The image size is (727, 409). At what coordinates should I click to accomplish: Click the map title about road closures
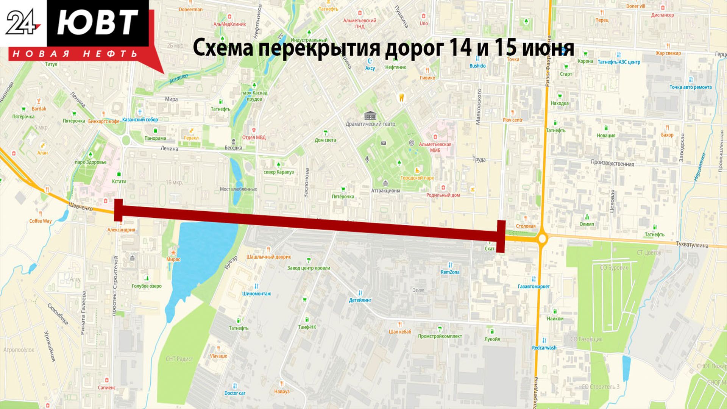coord(383,48)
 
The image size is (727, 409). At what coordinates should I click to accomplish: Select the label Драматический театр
coord(370,124)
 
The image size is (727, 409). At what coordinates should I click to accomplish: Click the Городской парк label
coord(417,178)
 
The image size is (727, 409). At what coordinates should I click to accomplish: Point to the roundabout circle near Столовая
coord(543,239)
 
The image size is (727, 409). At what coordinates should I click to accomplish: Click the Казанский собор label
coord(140,120)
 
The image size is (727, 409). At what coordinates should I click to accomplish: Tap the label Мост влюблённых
coord(238,189)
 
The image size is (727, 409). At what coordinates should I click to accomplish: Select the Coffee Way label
coord(41,221)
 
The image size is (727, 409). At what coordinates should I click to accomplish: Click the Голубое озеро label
coord(147,286)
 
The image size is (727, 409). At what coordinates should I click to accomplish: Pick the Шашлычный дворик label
coord(268,257)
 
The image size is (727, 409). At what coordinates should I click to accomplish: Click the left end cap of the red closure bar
coord(118,210)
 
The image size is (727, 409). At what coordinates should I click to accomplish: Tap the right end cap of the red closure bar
coord(501,236)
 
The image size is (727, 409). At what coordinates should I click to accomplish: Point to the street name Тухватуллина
coord(692,245)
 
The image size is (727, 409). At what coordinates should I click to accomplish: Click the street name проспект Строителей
coord(115,286)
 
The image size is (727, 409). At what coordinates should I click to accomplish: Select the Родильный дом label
coord(443,195)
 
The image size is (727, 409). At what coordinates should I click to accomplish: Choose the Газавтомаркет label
coord(534,286)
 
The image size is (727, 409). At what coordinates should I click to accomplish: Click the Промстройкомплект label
coord(440,336)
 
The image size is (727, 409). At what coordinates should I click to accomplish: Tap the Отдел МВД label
coord(254,137)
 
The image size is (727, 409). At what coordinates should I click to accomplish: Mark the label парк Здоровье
coord(90,162)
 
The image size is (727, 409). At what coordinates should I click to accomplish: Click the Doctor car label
coord(235,393)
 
